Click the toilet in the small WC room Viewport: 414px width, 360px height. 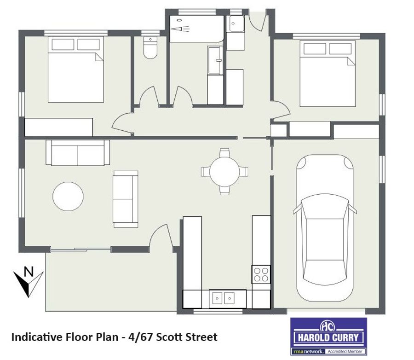(x=150, y=47)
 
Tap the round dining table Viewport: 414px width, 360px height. (x=224, y=172)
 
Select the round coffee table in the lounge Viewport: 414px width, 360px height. (x=68, y=197)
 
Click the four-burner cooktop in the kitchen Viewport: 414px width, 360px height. (x=261, y=274)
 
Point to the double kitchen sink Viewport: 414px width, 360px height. (x=224, y=298)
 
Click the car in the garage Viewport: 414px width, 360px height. (x=325, y=228)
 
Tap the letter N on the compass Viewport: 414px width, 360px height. (x=29, y=272)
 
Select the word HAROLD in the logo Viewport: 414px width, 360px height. (x=314, y=337)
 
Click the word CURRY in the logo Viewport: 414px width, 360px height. (x=345, y=337)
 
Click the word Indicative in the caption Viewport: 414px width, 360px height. (x=37, y=337)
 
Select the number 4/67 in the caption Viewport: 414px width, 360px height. (x=140, y=337)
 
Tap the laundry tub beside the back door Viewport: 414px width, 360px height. (x=235, y=23)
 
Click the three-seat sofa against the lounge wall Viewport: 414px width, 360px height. (x=78, y=152)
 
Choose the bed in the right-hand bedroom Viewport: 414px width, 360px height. (x=328, y=74)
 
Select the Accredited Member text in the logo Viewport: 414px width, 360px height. (x=345, y=351)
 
